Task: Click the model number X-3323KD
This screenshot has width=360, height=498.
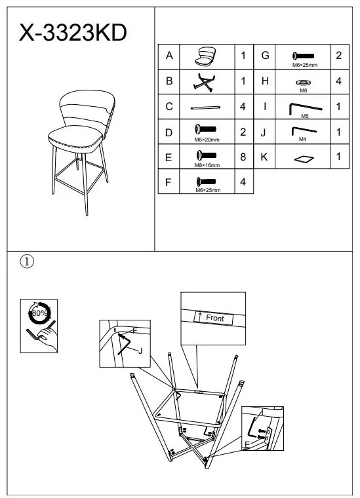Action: click(73, 32)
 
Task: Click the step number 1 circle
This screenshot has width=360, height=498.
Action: click(27, 261)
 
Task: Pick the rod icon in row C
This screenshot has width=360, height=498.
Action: click(205, 107)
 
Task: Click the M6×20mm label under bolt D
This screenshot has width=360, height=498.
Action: click(207, 140)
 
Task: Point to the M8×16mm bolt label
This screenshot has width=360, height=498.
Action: click(207, 165)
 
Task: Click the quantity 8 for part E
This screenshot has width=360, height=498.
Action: click(243, 157)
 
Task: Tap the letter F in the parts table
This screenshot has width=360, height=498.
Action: click(169, 182)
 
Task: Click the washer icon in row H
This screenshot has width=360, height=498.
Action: click(303, 83)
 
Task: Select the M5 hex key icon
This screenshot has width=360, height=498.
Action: click(305, 108)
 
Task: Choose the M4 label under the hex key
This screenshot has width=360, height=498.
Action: click(302, 139)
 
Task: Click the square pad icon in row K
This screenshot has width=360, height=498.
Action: click(304, 159)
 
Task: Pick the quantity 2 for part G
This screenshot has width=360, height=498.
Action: click(339, 55)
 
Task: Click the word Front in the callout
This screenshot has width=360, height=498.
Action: click(215, 318)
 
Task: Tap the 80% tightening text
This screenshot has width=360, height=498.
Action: click(39, 313)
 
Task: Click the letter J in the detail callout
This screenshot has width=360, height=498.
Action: click(140, 351)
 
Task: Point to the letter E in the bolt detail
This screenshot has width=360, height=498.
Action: click(247, 445)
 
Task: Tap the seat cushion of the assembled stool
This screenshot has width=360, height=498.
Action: click(75, 138)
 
